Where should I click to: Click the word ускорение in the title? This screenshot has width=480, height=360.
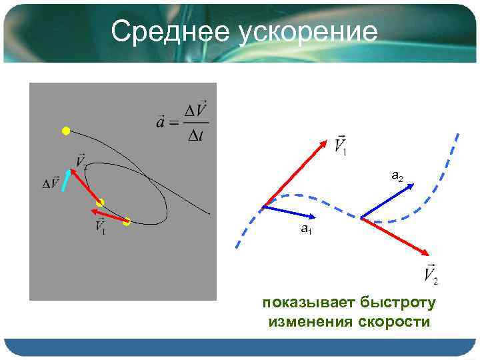point(304,32)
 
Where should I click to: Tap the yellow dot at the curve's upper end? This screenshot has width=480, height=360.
point(65,131)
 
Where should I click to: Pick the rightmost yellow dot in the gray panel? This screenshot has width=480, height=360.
point(127,222)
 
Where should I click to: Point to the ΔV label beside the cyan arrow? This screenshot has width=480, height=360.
point(51,183)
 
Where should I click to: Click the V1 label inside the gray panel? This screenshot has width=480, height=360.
point(100,227)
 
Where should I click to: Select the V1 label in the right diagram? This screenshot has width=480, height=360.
point(339,145)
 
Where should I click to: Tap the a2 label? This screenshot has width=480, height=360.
point(397,176)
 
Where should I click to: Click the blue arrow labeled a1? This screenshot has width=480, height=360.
point(289,211)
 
